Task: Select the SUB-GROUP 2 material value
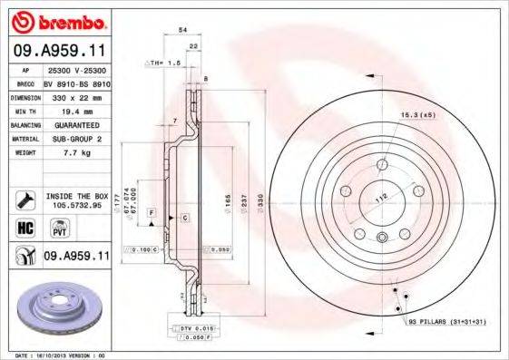point(73,139)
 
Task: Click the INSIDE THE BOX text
point(76,195)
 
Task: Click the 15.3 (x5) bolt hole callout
point(418,114)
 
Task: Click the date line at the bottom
point(67,355)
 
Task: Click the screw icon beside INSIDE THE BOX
point(25,199)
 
